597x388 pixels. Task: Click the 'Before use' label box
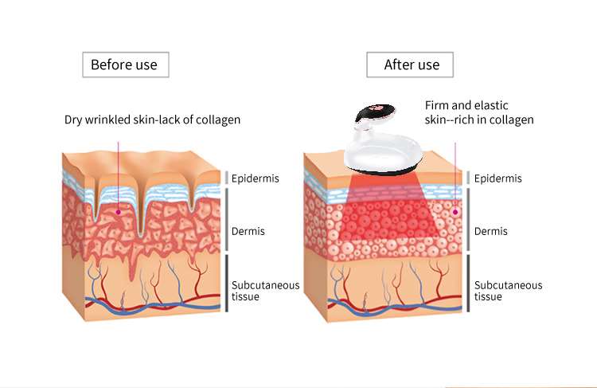[126, 65]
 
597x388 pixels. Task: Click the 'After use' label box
[410, 65]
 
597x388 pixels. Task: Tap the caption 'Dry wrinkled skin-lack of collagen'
[152, 120]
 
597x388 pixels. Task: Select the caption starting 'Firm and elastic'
[479, 112]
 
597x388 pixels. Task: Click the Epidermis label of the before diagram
[255, 178]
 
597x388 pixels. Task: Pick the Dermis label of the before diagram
[248, 231]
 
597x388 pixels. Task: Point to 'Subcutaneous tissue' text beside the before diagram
[265, 291]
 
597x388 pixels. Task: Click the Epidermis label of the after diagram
[497, 178]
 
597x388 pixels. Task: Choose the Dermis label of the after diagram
[491, 231]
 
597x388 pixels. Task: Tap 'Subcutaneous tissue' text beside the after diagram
[508, 291]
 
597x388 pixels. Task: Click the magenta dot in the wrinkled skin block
[119, 212]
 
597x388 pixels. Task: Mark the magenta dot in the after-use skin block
[455, 212]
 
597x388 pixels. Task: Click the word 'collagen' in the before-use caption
[218, 120]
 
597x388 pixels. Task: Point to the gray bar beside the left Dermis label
[227, 219]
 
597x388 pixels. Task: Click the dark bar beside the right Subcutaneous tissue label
[468, 283]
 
